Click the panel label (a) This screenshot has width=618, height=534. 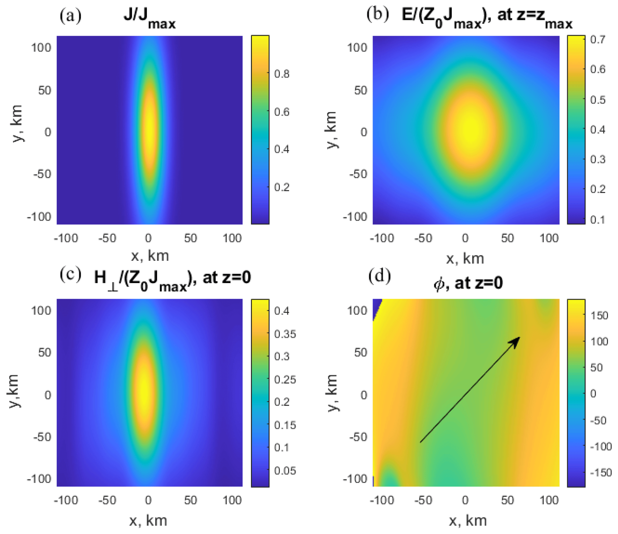[x=70, y=16]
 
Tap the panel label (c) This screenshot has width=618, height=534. [x=70, y=274]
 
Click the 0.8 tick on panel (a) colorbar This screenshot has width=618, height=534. [x=282, y=74]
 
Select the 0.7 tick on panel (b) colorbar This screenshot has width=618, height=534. [x=598, y=39]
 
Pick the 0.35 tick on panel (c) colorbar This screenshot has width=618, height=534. [x=285, y=334]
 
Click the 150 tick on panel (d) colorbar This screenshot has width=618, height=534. [x=599, y=315]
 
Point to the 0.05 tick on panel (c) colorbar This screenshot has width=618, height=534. [x=285, y=471]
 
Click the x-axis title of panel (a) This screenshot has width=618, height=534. [x=150, y=256]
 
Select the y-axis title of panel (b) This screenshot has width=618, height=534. [x=332, y=130]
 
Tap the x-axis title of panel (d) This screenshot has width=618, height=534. [x=468, y=521]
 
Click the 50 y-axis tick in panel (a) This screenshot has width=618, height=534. [x=45, y=90]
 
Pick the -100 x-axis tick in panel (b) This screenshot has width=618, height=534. [x=382, y=238]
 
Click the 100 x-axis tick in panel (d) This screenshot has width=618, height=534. [x=549, y=500]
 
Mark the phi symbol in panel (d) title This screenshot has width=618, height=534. [x=439, y=283]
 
